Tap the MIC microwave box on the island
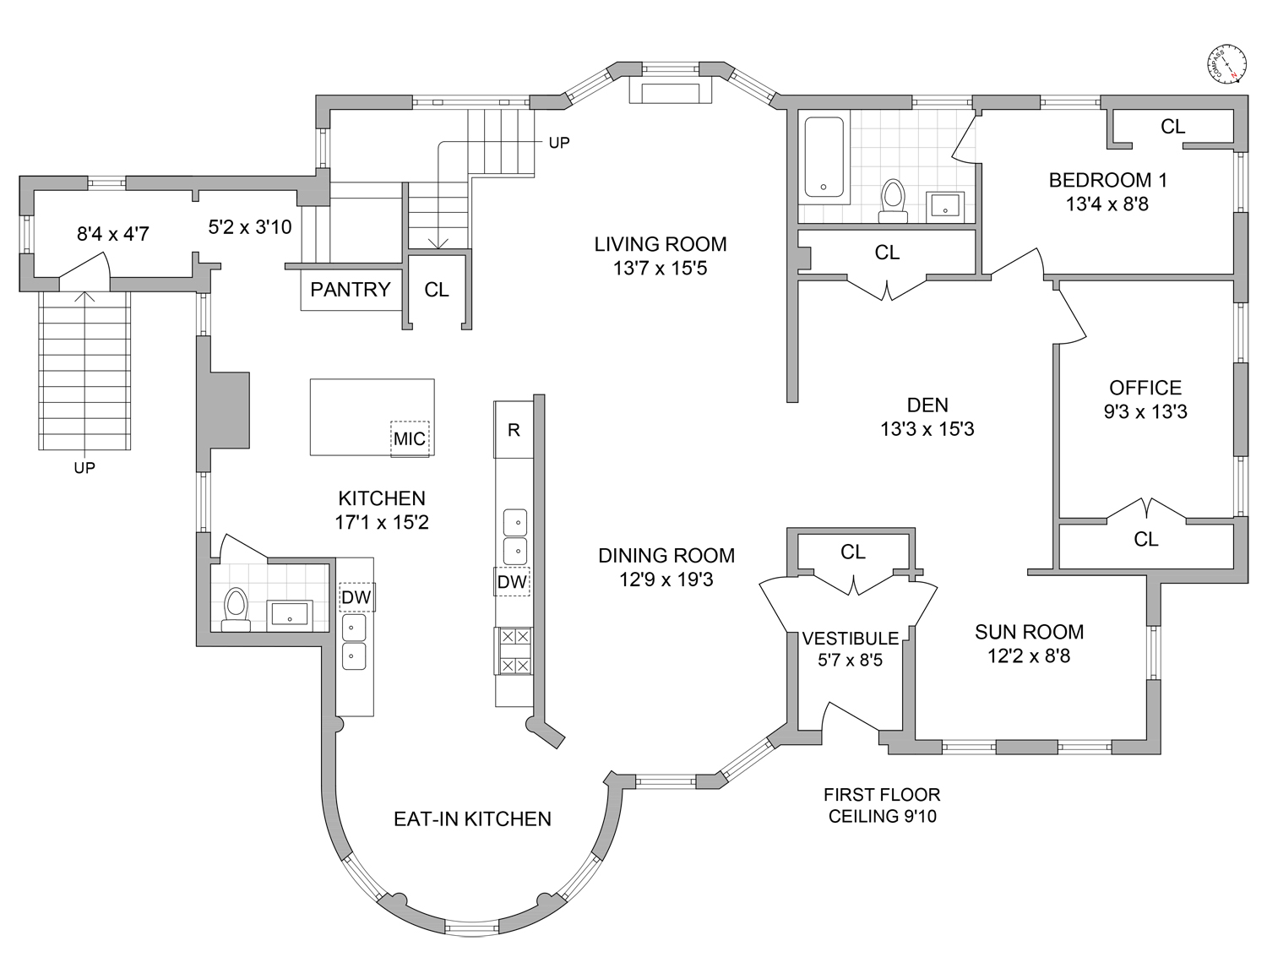coord(410,439)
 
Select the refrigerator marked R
coord(514,430)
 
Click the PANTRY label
coord(350,289)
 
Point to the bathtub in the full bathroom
coord(824,157)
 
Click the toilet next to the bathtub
coord(893,201)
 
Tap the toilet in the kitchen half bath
coord(236,609)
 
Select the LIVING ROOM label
coord(661,244)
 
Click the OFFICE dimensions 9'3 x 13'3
coord(1145,411)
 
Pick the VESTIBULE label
coord(850,639)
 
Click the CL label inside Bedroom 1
coord(1172,127)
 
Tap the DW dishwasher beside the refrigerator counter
coord(512,581)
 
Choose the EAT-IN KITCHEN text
coord(472,819)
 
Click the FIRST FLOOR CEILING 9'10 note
coord(882,805)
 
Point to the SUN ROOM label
coord(1030,632)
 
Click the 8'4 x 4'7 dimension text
coord(113,234)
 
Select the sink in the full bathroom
coord(944,207)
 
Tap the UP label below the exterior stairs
coord(84,468)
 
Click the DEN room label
coord(927,405)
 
